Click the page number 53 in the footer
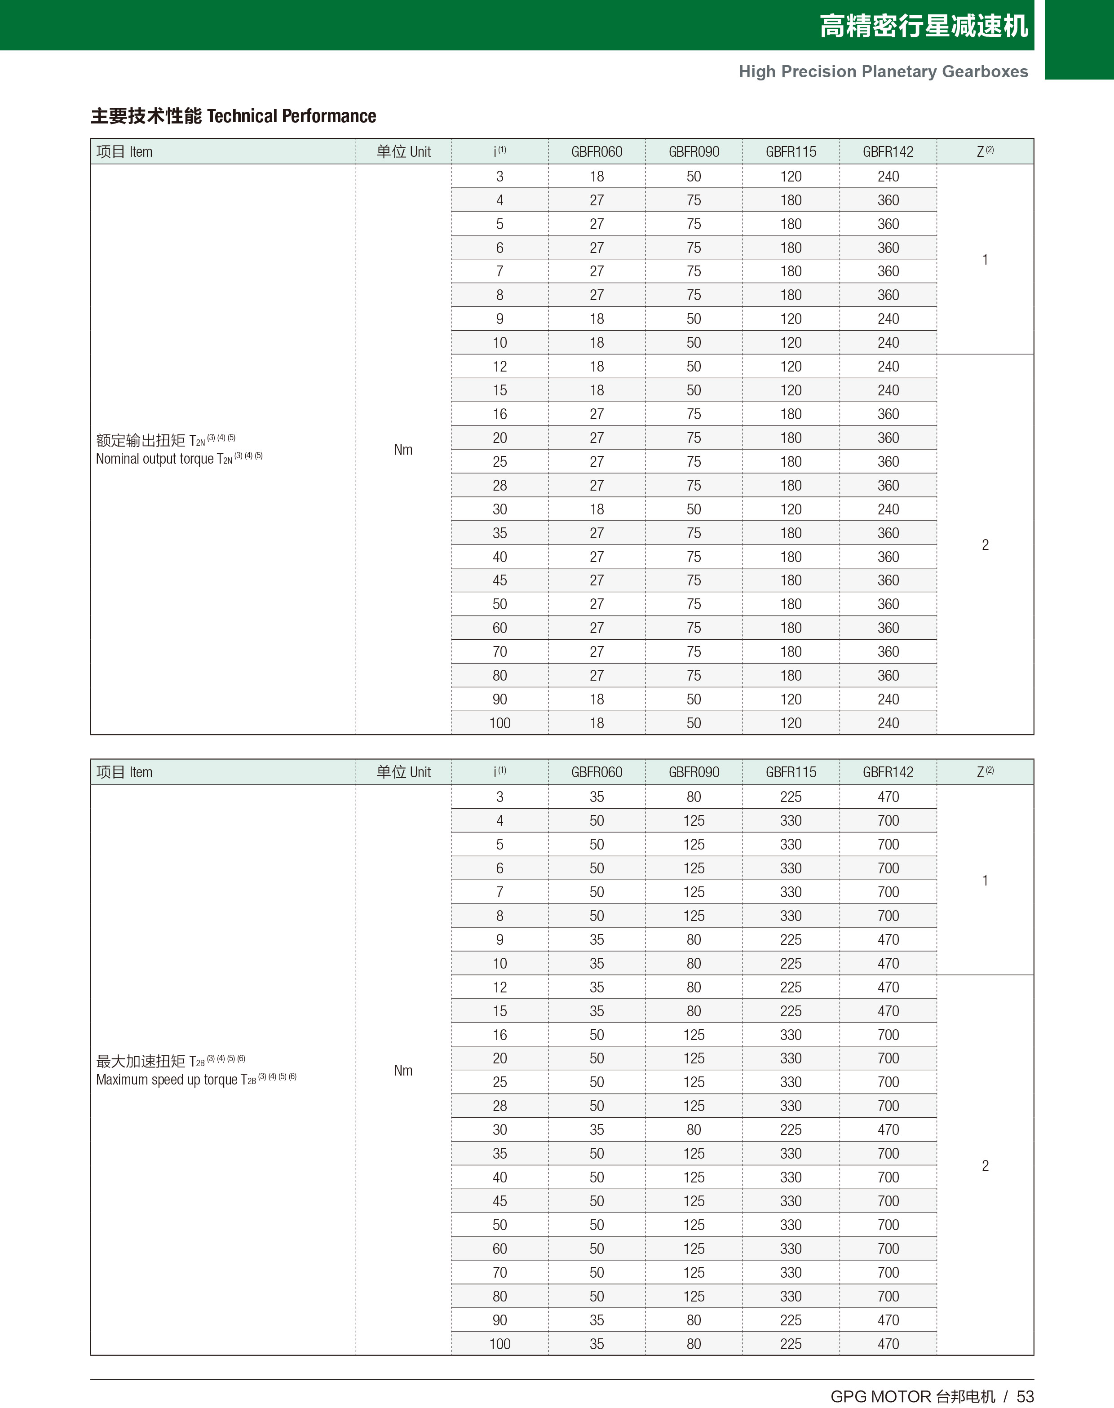coord(1026,1396)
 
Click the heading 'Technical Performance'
coord(291,116)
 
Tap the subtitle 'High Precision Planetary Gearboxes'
coord(883,72)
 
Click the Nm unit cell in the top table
coord(403,449)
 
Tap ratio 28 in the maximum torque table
coord(500,1106)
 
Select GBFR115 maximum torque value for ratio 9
coord(791,940)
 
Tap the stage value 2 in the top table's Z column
coord(985,545)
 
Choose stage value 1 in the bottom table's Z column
coord(985,881)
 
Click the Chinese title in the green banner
coord(924,26)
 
